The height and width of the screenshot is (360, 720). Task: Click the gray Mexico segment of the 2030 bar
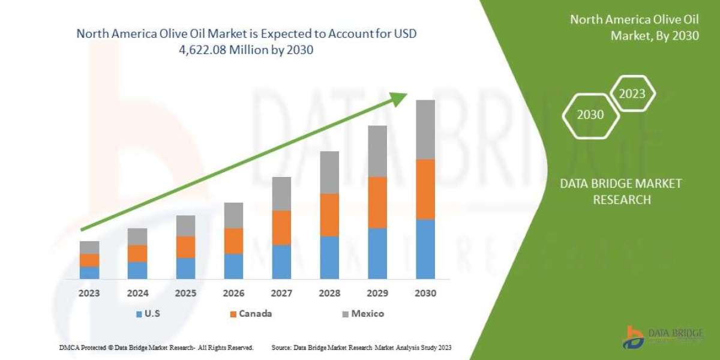pyautogui.click(x=425, y=130)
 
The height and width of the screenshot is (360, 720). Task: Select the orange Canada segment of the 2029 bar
pyautogui.click(x=377, y=202)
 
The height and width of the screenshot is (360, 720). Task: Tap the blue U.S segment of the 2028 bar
pyautogui.click(x=329, y=257)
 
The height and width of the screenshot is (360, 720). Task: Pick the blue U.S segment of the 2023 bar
pyautogui.click(x=89, y=272)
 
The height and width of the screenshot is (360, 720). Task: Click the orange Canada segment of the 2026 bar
pyautogui.click(x=233, y=241)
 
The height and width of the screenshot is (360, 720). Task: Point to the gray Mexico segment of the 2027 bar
pyautogui.click(x=281, y=193)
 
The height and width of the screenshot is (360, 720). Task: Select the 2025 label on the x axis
pyautogui.click(x=185, y=294)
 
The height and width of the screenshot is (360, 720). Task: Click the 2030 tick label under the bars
pyautogui.click(x=425, y=294)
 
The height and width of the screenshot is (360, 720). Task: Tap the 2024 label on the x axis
pyautogui.click(x=137, y=294)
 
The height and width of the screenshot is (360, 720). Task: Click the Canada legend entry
pyautogui.click(x=251, y=314)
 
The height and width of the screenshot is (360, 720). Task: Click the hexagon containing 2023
pyautogui.click(x=632, y=94)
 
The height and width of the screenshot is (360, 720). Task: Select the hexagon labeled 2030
pyautogui.click(x=590, y=115)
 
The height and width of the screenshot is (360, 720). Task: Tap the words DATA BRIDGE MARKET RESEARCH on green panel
pyautogui.click(x=621, y=191)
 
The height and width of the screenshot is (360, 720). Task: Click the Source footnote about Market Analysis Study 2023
pyautogui.click(x=361, y=348)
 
